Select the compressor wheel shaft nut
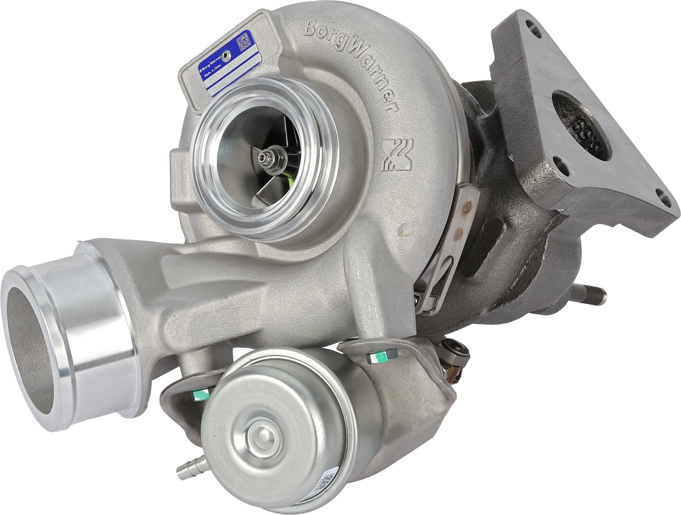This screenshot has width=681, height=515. [x=267, y=158]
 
